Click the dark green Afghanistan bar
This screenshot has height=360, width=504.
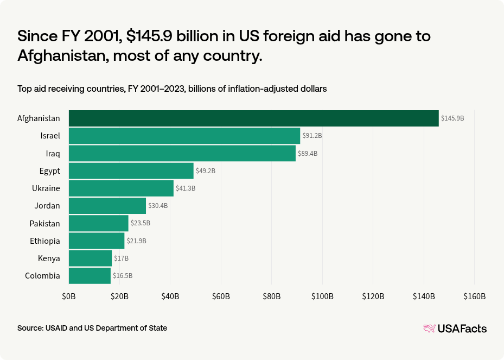tap(253, 118)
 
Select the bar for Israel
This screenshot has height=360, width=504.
tap(184, 136)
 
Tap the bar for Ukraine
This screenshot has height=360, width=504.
tap(121, 188)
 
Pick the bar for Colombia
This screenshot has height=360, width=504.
tap(90, 276)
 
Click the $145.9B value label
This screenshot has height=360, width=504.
tap(452, 118)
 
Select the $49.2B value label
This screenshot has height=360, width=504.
tap(206, 171)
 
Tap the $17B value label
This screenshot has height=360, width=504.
tap(121, 258)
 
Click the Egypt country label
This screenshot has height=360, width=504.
tap(49, 171)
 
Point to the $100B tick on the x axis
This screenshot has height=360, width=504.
tap(322, 296)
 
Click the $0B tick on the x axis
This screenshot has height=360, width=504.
tap(69, 296)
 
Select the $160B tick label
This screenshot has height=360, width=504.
tap(474, 296)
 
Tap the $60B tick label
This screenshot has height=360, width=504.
tap(221, 296)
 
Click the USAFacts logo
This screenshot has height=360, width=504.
tap(455, 329)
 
